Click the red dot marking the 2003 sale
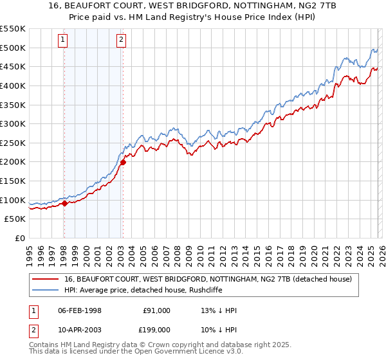point(123,162)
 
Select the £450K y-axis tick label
point(13,66)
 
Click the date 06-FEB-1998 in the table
point(80,310)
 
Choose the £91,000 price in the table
point(156,310)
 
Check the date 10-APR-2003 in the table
point(80,330)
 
